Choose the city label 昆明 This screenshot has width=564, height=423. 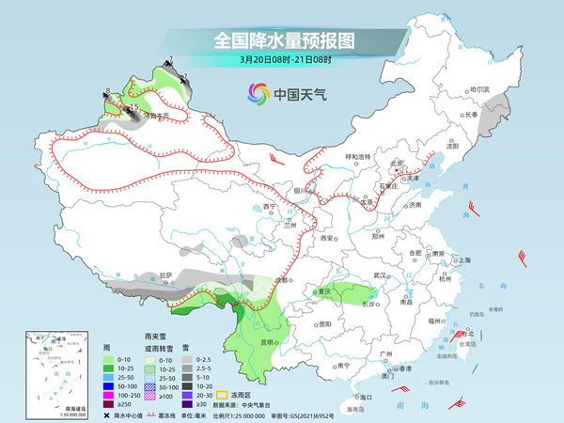pos(269,342)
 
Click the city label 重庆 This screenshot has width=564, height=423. pos(325,292)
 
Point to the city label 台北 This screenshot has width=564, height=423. pos(469,334)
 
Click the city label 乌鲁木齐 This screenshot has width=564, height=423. pos(154,115)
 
